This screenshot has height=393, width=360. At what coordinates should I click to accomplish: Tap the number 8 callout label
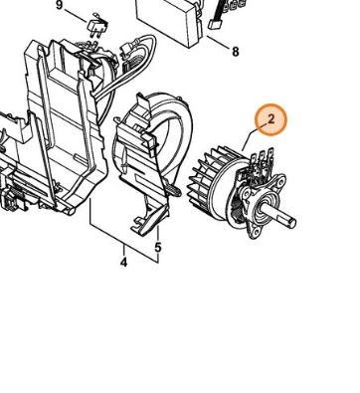coord(235,51)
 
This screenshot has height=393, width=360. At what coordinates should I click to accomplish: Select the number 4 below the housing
coord(123,264)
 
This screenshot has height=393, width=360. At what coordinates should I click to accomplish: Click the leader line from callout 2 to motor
coord(256,142)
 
